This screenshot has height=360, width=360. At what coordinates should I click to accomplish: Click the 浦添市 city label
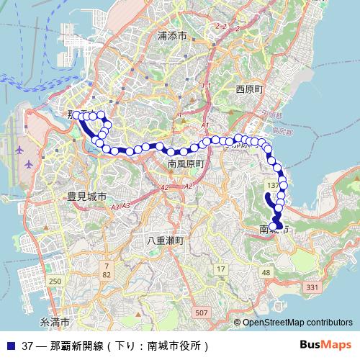pyautogui.click(x=172, y=35)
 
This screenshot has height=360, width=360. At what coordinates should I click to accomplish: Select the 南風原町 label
pyautogui.click(x=186, y=164)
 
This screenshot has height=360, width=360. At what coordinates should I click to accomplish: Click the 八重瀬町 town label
pyautogui.click(x=165, y=240)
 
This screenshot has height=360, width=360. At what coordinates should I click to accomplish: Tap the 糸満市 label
pyautogui.click(x=55, y=321)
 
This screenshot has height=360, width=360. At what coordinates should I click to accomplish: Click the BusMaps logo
pyautogui.click(x=325, y=344)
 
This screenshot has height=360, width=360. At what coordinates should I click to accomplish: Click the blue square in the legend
pyautogui.click(x=9, y=345)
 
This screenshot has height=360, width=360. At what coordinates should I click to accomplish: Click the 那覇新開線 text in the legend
pyautogui.click(x=72, y=345)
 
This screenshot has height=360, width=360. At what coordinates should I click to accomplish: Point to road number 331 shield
pyautogui.click(x=312, y=287)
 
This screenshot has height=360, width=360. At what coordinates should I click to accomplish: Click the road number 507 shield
pyautogui.click(x=202, y=312)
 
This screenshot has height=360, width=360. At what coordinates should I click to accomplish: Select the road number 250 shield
pyautogui.click(x=55, y=281)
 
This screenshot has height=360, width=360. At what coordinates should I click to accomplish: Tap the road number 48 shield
pyautogui.click(x=266, y=272)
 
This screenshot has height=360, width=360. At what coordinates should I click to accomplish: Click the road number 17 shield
pyautogui.click(x=221, y=269)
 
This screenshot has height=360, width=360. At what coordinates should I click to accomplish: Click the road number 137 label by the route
pyautogui.click(x=272, y=186)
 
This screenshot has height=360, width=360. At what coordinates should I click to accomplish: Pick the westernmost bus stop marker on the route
pyautogui.click(x=76, y=114)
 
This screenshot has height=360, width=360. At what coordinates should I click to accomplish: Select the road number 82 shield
pyautogui.click(x=107, y=274)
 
